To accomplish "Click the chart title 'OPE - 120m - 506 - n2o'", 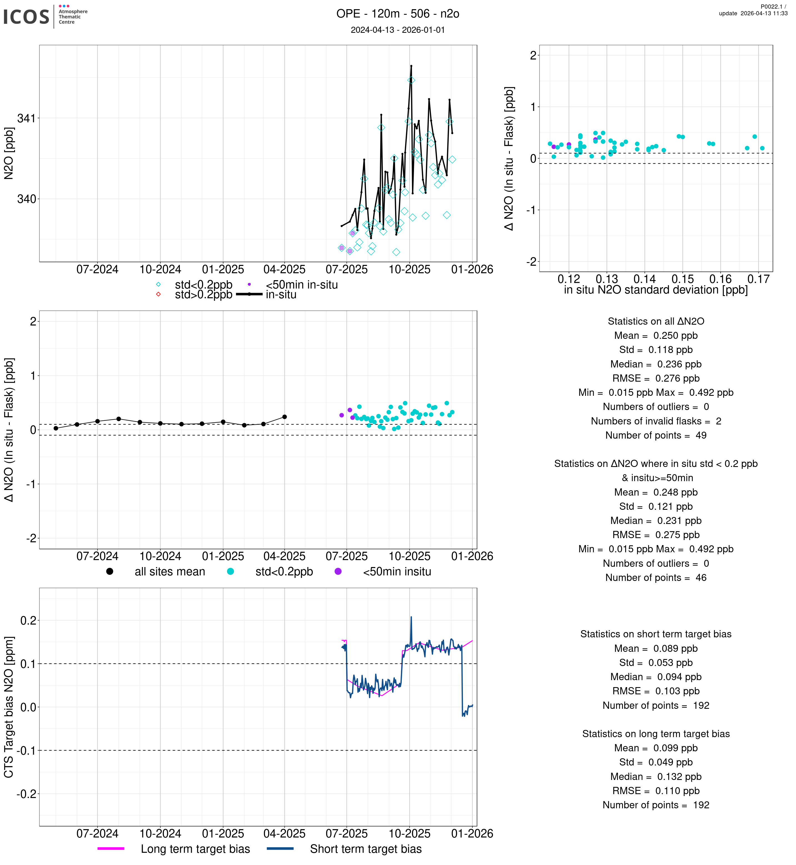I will click(x=398, y=14).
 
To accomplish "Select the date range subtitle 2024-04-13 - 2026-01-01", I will click(x=398, y=30).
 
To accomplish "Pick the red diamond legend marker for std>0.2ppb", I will click(x=159, y=294).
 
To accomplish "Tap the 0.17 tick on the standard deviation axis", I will click(x=758, y=279).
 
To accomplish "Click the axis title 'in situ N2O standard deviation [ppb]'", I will click(x=656, y=290).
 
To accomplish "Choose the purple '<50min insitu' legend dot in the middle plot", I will click(x=338, y=571).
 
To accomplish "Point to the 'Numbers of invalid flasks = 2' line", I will click(x=656, y=421).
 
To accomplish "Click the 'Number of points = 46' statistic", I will click(x=656, y=578).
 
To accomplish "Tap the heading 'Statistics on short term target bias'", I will click(x=656, y=634).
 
